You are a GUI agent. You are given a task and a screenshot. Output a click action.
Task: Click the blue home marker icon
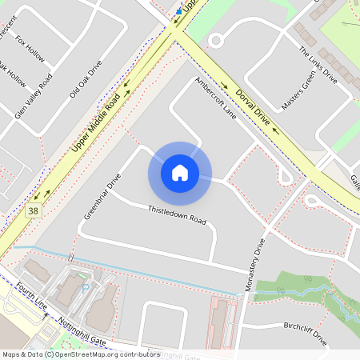pos(179,172)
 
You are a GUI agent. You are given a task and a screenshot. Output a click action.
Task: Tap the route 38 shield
pos(32,211)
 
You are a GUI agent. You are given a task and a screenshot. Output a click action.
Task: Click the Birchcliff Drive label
pos(305,332)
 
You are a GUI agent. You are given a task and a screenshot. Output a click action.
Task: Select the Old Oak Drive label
pos(86,78)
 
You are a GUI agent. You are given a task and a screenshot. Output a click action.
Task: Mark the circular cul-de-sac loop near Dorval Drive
pos(214,40)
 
